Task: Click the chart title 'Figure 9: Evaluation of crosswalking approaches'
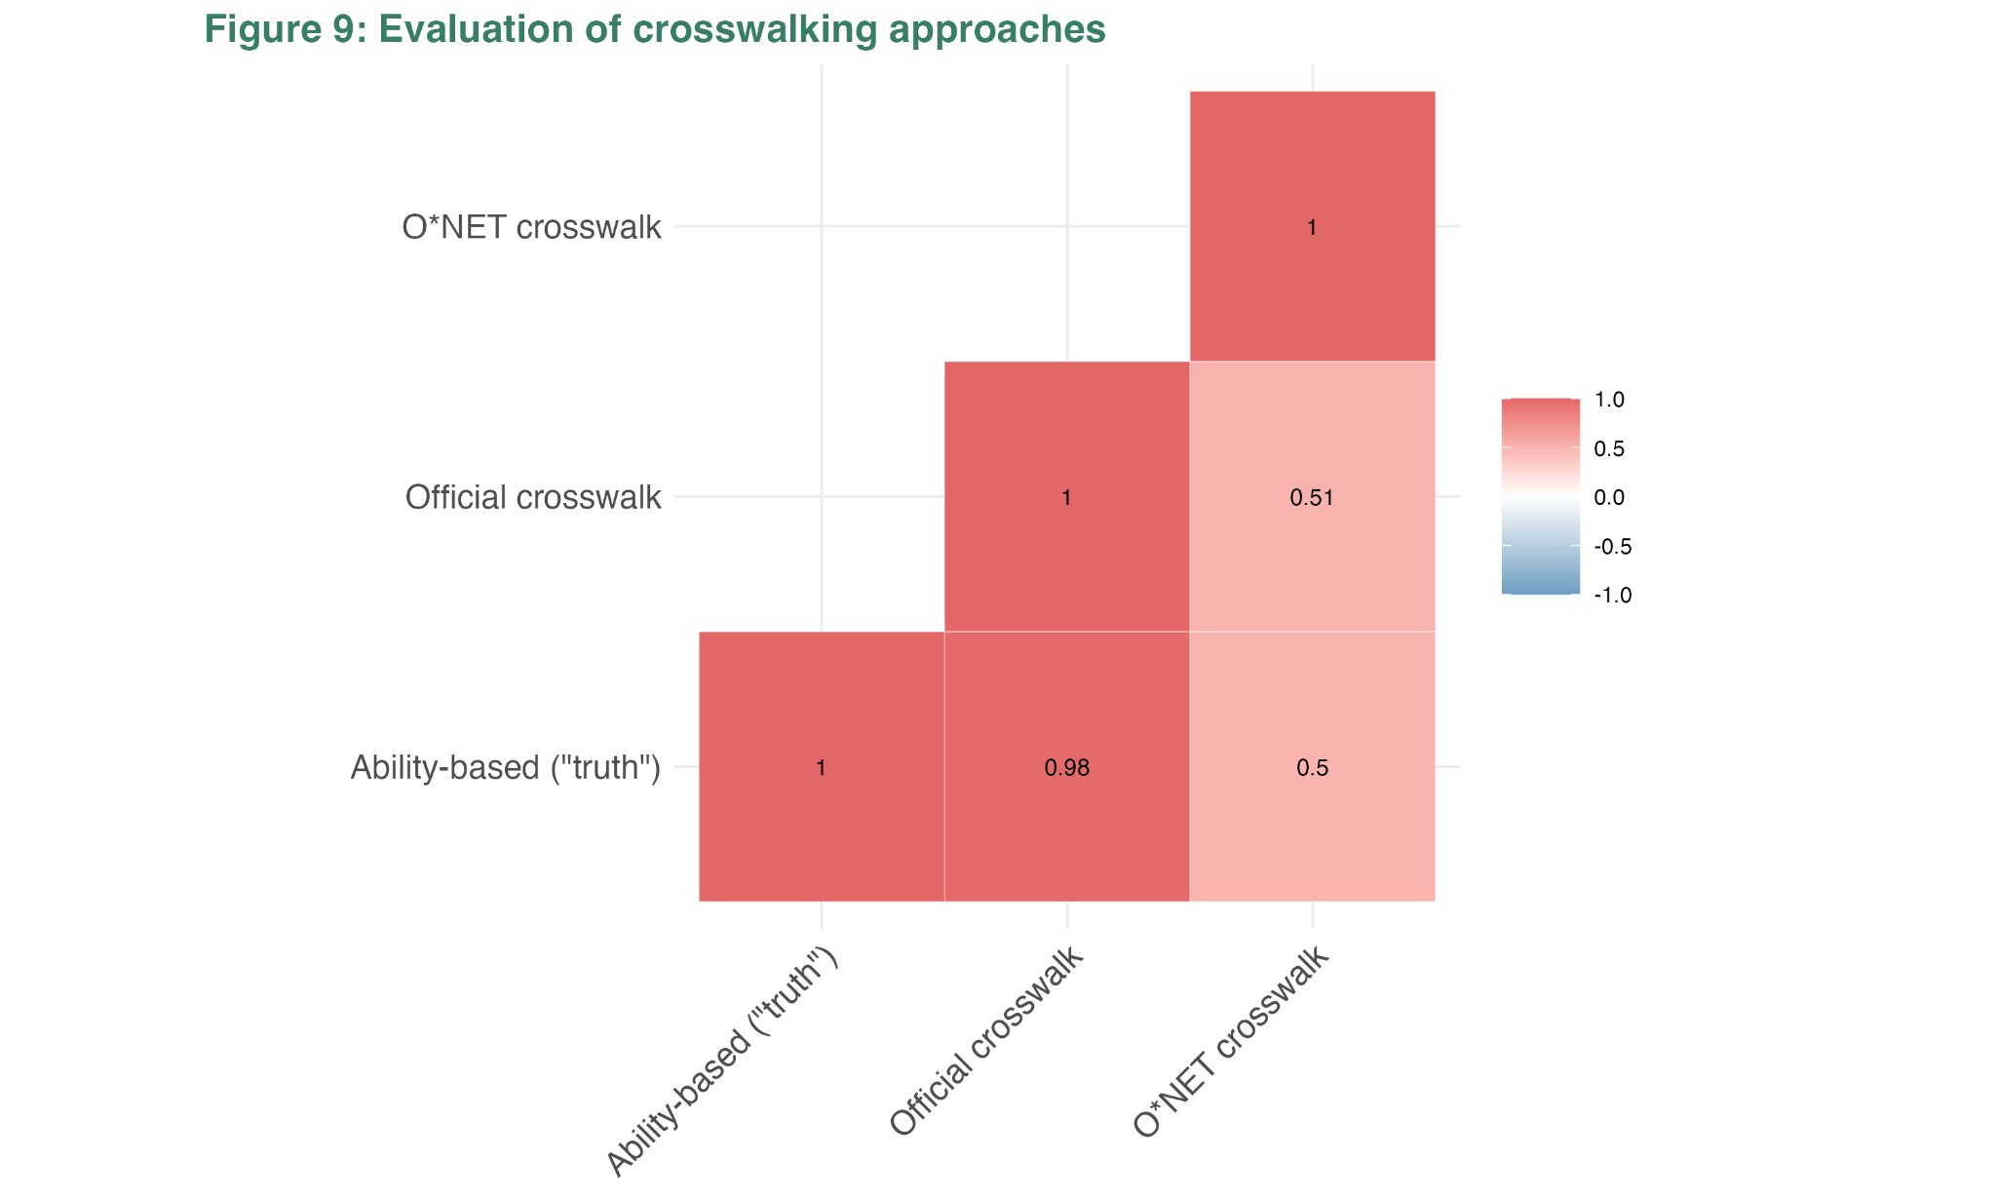coord(654,30)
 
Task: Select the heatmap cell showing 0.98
coord(1066,767)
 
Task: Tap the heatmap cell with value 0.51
coord(1312,497)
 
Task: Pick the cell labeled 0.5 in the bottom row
coord(1312,767)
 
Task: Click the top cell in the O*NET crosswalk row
coord(1312,227)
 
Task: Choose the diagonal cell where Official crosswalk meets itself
coord(1066,497)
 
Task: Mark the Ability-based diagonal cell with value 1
coord(821,767)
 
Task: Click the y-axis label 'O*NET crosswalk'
coord(531,228)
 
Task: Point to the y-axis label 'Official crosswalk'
coord(533,498)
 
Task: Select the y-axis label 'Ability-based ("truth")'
coord(506,768)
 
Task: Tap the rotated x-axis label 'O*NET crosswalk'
coord(1232,1042)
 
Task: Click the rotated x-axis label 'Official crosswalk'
coord(986,1042)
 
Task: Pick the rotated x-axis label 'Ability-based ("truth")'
coord(722,1062)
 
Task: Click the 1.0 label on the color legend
coord(1608,400)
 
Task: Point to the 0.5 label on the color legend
coord(1608,449)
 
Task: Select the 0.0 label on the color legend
coord(1608,498)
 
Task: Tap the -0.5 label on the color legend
coord(1612,547)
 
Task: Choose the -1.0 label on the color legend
coord(1612,596)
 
